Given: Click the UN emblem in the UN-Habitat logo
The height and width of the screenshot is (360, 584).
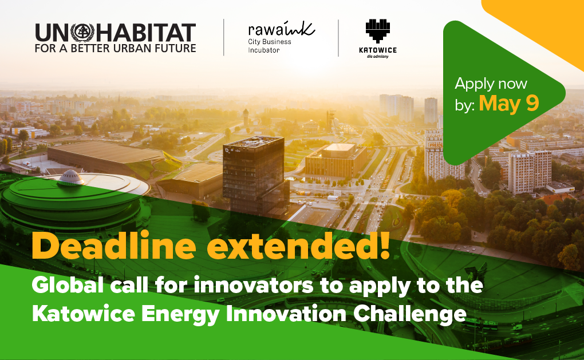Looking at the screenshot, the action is click(82, 33).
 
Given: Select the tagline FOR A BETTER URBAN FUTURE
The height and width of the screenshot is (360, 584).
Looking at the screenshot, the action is click(116, 49).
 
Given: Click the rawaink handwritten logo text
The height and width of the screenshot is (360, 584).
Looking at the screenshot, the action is click(282, 29).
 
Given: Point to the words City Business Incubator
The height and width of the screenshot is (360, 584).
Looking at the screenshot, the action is click(270, 46).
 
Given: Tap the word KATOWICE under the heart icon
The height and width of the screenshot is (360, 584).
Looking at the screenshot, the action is click(378, 50).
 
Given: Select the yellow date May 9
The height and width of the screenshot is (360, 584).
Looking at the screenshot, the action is click(509, 103).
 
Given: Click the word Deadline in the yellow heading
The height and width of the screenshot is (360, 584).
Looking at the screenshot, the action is click(114, 246).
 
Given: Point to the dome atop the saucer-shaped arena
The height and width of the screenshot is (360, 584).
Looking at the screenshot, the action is click(71, 177).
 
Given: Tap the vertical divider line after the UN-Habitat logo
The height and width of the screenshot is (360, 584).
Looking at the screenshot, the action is click(223, 38).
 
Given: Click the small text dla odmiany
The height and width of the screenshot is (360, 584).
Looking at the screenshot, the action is click(378, 57).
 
